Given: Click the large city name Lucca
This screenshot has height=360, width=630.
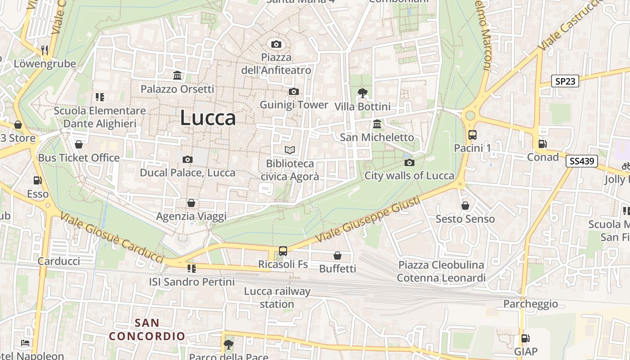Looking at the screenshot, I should click(x=208, y=118).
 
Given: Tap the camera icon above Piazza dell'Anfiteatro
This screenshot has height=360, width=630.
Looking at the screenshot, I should click(x=276, y=44).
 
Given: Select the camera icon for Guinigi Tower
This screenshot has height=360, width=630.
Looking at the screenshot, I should click(x=293, y=92).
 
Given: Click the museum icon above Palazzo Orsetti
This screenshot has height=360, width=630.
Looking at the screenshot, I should click(x=177, y=76).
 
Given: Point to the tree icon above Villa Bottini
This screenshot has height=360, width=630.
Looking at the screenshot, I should click(x=362, y=93).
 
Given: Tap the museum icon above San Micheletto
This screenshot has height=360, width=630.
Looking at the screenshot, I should click(x=377, y=124).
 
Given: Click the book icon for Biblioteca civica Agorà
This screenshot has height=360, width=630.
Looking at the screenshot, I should click(x=290, y=150).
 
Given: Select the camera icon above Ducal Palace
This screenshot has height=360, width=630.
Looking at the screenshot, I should click(x=188, y=159).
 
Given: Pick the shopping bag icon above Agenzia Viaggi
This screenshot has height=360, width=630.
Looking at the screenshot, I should click(x=191, y=203).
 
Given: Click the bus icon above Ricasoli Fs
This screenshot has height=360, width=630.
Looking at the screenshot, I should click(x=283, y=251).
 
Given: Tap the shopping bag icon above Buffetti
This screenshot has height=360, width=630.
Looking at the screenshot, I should click(x=337, y=256).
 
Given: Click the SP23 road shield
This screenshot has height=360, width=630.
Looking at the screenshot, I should click(x=565, y=81).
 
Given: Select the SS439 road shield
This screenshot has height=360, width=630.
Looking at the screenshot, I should click(x=581, y=161).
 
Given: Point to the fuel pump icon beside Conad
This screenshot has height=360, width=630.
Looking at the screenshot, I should click(x=543, y=144).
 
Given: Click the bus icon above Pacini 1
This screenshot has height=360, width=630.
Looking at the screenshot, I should click(x=472, y=135).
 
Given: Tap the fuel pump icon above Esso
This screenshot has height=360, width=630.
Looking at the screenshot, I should click(x=37, y=180).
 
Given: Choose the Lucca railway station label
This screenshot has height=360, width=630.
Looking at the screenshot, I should click(x=277, y=297).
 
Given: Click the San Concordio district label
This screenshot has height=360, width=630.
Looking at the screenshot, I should click(x=147, y=329).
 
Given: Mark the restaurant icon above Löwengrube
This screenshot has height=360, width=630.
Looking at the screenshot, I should click(x=45, y=50).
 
